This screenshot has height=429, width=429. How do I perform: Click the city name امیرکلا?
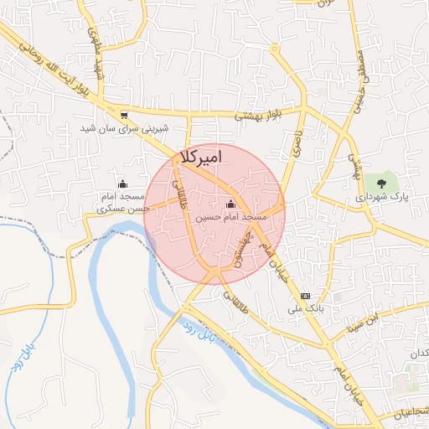201,157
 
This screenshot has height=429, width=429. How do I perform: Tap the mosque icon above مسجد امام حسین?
230,204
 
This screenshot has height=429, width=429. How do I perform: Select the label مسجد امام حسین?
231,217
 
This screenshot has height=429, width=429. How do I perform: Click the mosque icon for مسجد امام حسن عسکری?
123,183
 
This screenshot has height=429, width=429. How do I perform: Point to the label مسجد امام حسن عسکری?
123,202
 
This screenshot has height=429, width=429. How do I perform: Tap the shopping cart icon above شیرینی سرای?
124,116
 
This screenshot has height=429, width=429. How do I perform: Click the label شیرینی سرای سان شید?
124,128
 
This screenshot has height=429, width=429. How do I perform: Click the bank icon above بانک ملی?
305,296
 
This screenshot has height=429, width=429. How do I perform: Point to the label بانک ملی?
305,309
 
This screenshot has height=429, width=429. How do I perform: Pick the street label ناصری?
296,144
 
